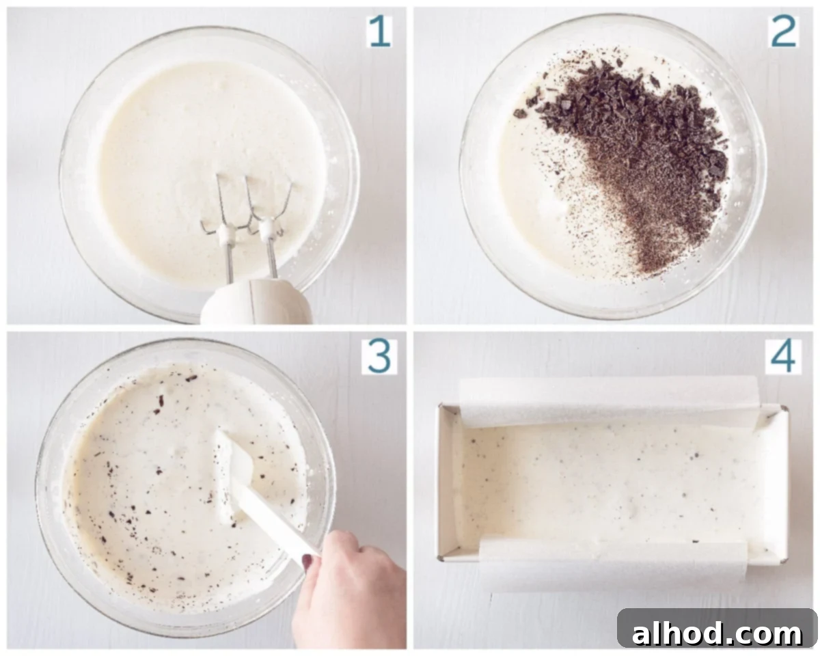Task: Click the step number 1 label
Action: pos(379,32)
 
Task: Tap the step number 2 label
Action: pos(783,32)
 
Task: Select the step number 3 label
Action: pos(379,357)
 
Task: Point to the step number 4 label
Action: pos(783,357)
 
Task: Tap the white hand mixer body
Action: pos(257,302)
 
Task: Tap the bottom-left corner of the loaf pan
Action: pos(441,558)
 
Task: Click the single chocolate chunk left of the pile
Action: pos(519,113)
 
